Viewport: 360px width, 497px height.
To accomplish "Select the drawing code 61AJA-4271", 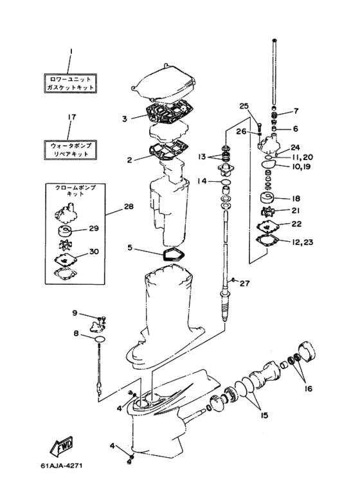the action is tap(62, 465).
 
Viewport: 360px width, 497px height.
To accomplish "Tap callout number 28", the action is tap(129, 206).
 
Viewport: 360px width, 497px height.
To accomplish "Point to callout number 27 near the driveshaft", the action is tap(245, 283).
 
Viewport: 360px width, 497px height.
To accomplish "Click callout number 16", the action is tap(308, 388).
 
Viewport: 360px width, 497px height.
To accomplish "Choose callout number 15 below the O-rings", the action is tap(264, 415).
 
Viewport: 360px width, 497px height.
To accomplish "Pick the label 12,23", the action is tap(302, 242).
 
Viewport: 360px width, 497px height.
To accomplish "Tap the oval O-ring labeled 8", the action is tap(100, 339).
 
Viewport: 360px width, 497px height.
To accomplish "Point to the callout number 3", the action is tap(125, 119).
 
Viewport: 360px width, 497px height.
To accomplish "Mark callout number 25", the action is tap(244, 106).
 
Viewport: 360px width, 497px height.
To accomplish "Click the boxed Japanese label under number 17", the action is tap(70, 150).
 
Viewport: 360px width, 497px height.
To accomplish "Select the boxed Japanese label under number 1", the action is tap(70, 84).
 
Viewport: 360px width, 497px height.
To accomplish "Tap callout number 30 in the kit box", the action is tap(94, 251).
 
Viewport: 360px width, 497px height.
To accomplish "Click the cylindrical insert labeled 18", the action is tap(267, 199).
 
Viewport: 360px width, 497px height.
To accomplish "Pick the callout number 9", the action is tap(75, 313).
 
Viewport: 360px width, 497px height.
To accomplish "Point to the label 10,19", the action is tap(298, 167).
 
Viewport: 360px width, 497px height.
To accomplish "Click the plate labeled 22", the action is tap(268, 226).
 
